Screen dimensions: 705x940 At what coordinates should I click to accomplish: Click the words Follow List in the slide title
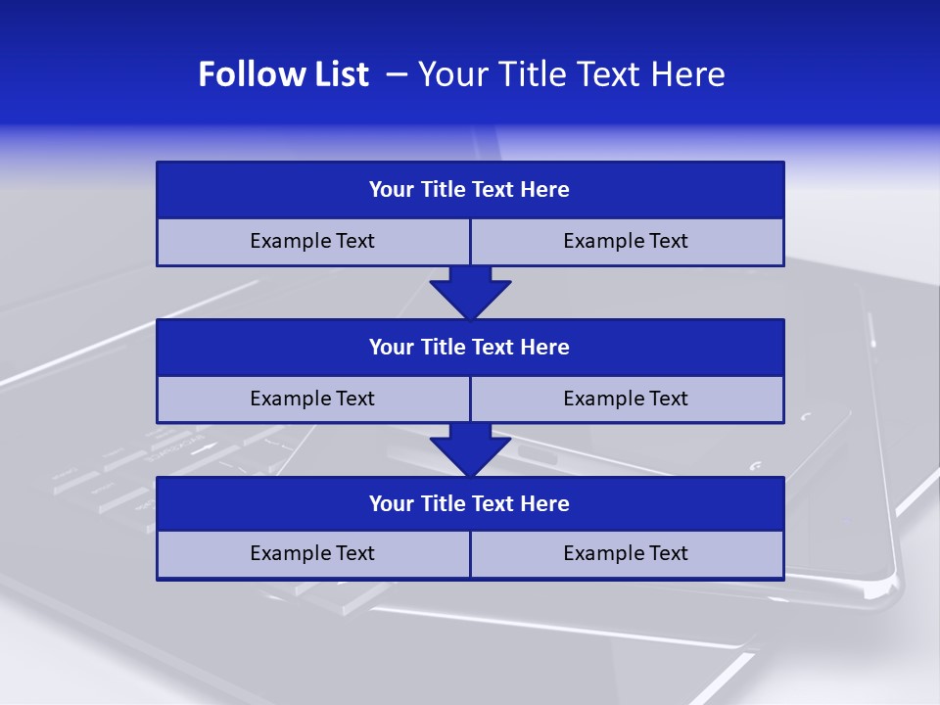pyautogui.click(x=283, y=74)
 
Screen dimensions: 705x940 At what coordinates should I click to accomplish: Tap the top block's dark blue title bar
pyautogui.click(x=470, y=190)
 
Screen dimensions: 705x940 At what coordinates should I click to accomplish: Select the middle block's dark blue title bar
pyautogui.click(x=470, y=348)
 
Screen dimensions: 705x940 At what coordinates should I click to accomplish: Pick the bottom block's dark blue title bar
pyautogui.click(x=470, y=504)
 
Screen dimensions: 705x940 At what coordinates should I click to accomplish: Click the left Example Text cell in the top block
pyautogui.click(x=312, y=242)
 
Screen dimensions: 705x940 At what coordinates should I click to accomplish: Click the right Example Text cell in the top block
pyautogui.click(x=626, y=242)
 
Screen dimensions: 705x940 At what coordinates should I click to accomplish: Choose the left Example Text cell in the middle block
pyautogui.click(x=312, y=399)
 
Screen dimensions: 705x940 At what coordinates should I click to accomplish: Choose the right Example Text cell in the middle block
pyautogui.click(x=626, y=399)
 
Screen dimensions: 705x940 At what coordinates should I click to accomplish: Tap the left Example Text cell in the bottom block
pyautogui.click(x=312, y=554)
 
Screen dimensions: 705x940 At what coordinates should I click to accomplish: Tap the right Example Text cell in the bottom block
pyautogui.click(x=626, y=554)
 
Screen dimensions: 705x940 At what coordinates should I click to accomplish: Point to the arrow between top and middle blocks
pyautogui.click(x=470, y=292)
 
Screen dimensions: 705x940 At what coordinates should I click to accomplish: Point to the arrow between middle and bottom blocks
pyautogui.click(x=470, y=450)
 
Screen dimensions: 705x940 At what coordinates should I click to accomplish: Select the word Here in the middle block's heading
pyautogui.click(x=545, y=348)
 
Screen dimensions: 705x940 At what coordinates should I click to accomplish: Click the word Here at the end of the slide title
pyautogui.click(x=688, y=74)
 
